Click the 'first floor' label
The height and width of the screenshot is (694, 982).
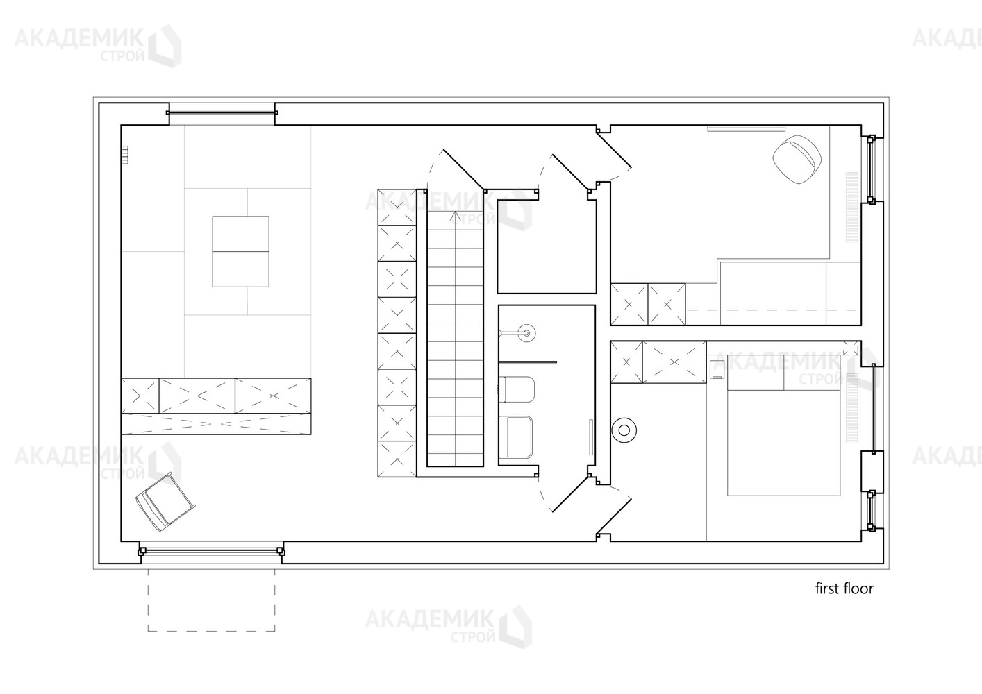pos(844,589)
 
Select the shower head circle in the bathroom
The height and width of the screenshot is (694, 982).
pos(526,333)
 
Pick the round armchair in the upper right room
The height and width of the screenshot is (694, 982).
pos(797,160)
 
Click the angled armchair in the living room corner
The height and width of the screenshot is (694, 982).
pos(165,502)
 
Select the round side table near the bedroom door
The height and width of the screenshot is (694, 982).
pos(624,430)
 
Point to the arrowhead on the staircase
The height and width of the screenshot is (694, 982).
pos(455,215)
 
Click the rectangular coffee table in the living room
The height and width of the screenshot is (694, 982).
pos(241,251)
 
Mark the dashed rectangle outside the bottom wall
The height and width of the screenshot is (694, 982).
pos(211,600)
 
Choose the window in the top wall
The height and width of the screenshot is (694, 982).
pos(222,113)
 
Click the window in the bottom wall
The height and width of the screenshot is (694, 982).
pos(211,551)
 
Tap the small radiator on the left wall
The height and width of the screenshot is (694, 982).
pos(126,155)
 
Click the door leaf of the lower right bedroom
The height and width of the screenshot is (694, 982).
pos(614,517)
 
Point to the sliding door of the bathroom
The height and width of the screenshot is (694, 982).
pos(591,437)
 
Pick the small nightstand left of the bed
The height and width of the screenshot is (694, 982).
pos(717,369)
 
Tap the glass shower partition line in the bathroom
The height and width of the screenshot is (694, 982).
pos(527,362)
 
